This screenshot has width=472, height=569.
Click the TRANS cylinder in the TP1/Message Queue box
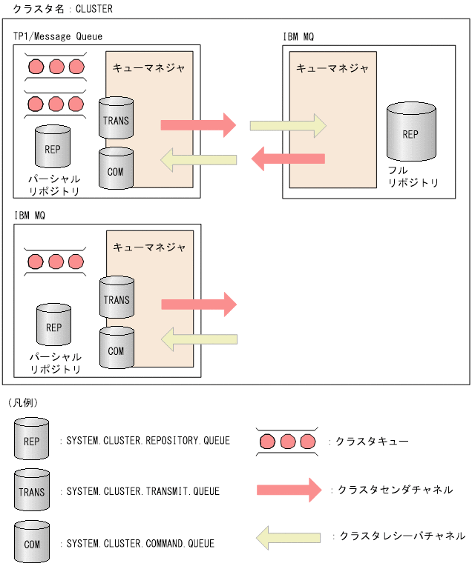click(116, 119)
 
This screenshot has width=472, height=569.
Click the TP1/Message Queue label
click(58, 36)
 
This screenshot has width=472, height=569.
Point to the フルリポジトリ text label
click(413, 176)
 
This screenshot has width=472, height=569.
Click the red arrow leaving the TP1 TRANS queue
click(198, 125)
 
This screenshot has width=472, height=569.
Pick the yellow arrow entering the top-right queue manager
click(288, 125)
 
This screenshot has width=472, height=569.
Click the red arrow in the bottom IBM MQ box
click(198, 304)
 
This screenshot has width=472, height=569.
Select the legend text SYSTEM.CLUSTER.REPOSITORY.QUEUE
click(148, 441)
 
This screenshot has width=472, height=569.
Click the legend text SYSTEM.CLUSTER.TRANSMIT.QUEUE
click(142, 490)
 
